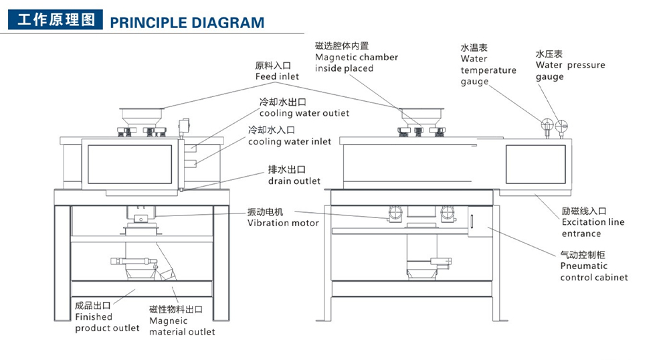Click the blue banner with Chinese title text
[55, 20]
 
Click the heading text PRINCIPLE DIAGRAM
[187, 22]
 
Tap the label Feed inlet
[277, 72]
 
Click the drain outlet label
[294, 175]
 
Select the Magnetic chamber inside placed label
[356, 57]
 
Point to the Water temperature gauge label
[488, 65]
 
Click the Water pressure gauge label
[570, 65]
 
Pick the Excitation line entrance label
[593, 222]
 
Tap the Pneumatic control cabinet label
[593, 266]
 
